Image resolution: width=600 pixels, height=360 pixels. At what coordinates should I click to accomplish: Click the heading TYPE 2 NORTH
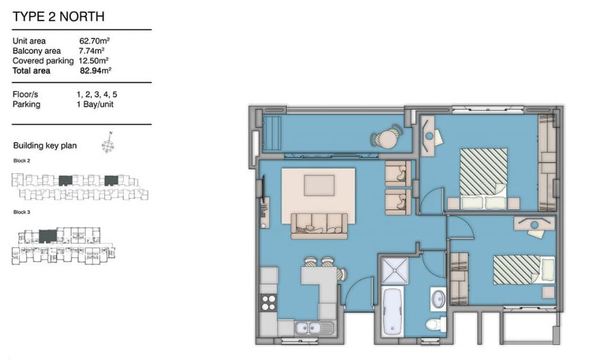click(x=59, y=17)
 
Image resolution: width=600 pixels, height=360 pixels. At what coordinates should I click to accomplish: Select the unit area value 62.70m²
click(x=95, y=40)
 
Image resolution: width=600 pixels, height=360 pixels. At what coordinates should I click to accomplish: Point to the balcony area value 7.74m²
click(x=92, y=51)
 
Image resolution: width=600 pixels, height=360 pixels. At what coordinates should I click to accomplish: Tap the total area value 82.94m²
click(x=96, y=70)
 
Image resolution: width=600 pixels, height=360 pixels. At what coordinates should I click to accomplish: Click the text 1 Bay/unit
click(x=95, y=104)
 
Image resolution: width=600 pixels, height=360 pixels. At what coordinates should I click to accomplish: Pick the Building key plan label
click(x=45, y=146)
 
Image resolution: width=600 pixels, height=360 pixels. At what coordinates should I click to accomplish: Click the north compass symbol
click(x=108, y=143)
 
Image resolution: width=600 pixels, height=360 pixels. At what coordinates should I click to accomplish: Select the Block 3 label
click(x=22, y=212)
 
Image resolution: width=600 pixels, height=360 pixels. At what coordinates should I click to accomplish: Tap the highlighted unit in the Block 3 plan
click(x=48, y=236)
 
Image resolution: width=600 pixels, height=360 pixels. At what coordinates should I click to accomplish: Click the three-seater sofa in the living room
click(x=319, y=225)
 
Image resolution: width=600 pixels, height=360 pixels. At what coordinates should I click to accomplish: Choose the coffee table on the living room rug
click(x=319, y=185)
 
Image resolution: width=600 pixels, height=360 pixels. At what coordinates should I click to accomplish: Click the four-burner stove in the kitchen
click(x=268, y=302)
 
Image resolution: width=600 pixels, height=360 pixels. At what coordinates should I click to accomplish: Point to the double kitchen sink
click(x=314, y=328)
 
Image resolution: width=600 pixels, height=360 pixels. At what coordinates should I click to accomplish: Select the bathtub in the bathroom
click(x=392, y=312)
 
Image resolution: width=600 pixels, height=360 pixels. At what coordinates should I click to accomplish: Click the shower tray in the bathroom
click(x=394, y=270)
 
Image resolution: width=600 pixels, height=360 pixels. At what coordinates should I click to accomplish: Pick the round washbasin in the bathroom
click(x=438, y=298)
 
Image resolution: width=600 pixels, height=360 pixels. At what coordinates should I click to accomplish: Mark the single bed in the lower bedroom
click(x=524, y=270)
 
